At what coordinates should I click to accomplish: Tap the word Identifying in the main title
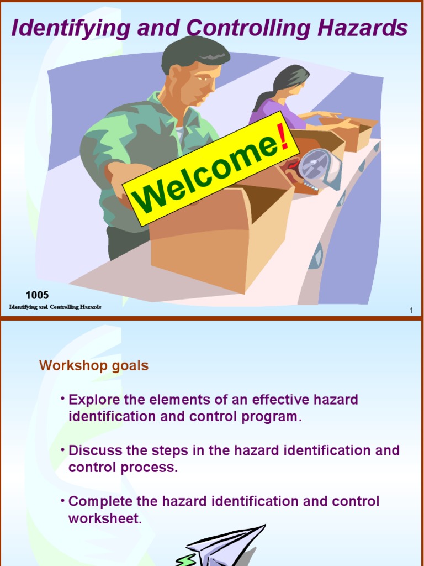[x=59, y=29]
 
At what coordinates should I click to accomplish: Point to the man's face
[x=199, y=83]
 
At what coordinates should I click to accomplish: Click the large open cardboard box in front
[x=221, y=238]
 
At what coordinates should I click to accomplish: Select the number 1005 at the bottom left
[x=37, y=295]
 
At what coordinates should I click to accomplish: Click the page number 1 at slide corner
[x=411, y=311]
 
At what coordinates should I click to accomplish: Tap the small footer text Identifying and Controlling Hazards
[x=55, y=307]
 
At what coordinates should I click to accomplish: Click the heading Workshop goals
[x=94, y=366]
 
